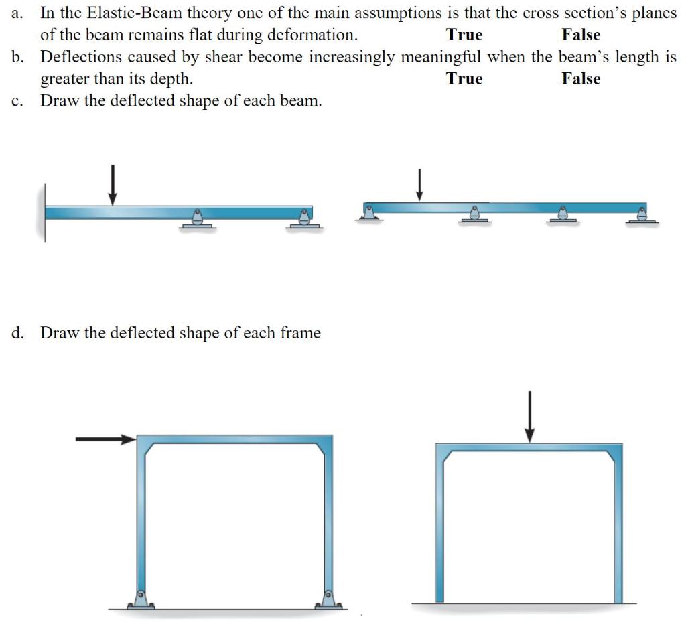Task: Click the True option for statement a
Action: [464, 35]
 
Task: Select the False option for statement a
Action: [581, 35]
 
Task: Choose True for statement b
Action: [464, 79]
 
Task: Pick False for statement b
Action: [581, 79]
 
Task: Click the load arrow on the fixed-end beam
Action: [113, 184]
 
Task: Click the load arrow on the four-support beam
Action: [419, 185]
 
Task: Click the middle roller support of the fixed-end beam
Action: [197, 218]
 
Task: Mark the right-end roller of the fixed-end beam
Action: [305, 218]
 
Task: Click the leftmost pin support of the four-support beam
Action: [368, 213]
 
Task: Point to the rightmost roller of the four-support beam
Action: [642, 214]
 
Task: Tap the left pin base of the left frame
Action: [141, 598]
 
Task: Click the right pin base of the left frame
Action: [328, 598]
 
